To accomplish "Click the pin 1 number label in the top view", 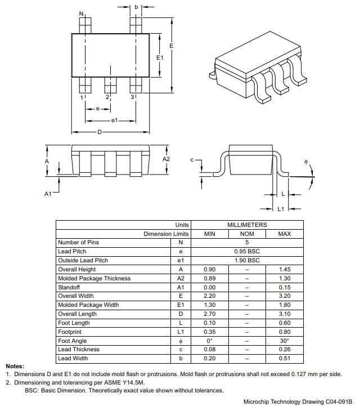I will pyautogui.click(x=82, y=97).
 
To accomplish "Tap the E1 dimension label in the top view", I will pyautogui.click(x=159, y=57).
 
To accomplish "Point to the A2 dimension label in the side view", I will pyautogui.click(x=166, y=159).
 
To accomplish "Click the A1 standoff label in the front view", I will pyautogui.click(x=48, y=194).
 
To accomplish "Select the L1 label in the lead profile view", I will pyautogui.click(x=281, y=209).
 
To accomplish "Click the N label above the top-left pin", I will pyautogui.click(x=81, y=14).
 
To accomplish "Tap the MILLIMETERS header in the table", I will pyautogui.click(x=247, y=225).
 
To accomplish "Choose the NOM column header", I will pyautogui.click(x=247, y=234).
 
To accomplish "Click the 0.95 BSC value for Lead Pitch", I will pyautogui.click(x=247, y=251).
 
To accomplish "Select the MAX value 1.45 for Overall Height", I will pyautogui.click(x=285, y=269).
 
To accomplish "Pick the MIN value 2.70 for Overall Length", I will pyautogui.click(x=209, y=314).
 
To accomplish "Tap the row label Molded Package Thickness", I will pyautogui.click(x=94, y=278).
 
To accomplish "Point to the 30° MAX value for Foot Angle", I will pyautogui.click(x=285, y=341).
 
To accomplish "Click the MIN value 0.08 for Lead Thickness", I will pyautogui.click(x=209, y=350).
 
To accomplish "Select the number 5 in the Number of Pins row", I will pyautogui.click(x=247, y=243).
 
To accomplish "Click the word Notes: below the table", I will pyautogui.click(x=15, y=367).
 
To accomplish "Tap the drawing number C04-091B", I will pyautogui.click(x=339, y=402).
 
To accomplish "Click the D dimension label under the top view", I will pyautogui.click(x=100, y=132).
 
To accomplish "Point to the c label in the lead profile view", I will pyautogui.click(x=192, y=160).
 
